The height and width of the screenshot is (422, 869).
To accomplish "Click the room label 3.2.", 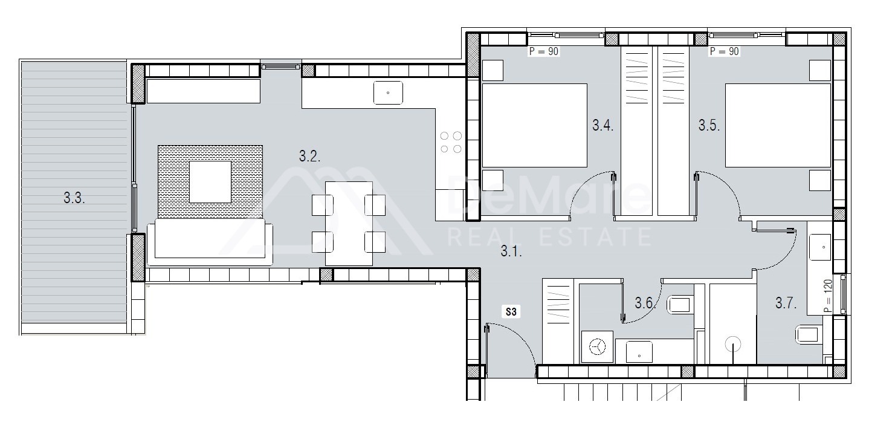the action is tap(309, 157).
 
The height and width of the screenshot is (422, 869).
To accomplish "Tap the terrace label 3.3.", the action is tap(74, 198).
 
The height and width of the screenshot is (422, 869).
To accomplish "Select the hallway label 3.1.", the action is tap(511, 252).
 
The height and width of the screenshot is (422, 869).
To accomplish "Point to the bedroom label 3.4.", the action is tap(602, 125).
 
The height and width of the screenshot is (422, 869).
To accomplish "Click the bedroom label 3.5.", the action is tap(709, 125).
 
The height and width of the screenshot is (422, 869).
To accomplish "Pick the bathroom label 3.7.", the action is tap(786, 304).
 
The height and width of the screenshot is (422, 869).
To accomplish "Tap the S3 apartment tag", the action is tap(511, 312).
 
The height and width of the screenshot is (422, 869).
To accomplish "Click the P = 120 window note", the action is tap(827, 296).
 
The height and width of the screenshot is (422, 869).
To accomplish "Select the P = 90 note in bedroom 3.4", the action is tap(544, 51).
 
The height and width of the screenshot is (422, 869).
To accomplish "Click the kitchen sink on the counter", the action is tap(388, 93).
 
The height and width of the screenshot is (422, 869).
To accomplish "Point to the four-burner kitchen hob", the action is tap(451, 142).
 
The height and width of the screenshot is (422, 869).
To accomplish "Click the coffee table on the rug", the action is tap(210, 182).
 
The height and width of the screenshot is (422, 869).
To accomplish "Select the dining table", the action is tap(349, 223).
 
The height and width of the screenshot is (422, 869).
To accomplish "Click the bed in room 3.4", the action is tap(534, 125).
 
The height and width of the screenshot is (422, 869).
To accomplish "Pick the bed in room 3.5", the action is tap(778, 125).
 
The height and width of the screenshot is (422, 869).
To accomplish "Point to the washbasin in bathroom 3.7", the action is tap(819, 247).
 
